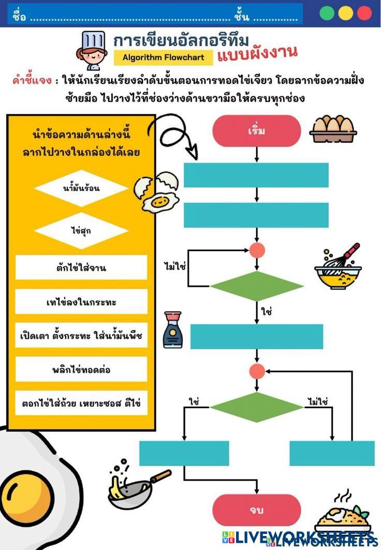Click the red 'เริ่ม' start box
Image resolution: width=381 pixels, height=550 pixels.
[x=256, y=130]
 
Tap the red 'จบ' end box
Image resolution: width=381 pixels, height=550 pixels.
[x=256, y=510]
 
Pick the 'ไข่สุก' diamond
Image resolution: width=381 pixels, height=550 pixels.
[x=81, y=231]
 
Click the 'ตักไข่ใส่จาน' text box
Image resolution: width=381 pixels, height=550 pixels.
[x=81, y=268]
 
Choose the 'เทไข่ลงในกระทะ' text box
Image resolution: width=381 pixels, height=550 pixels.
[x=81, y=302]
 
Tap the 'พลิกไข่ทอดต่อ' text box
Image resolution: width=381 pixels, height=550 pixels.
[x=81, y=370]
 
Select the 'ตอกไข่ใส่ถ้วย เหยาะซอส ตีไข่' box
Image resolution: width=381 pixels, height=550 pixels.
[x=81, y=402]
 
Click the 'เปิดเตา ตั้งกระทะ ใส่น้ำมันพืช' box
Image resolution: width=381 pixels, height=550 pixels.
[x=81, y=336]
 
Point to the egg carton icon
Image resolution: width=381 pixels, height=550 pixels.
[x=334, y=129]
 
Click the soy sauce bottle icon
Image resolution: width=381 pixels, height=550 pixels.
[x=172, y=330]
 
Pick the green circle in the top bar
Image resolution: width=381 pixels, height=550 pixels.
[x=327, y=13]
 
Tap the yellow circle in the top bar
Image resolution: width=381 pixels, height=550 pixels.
[x=346, y=13]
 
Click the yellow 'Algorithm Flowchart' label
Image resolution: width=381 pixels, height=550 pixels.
[x=163, y=57]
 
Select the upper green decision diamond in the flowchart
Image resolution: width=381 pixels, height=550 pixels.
[x=257, y=286]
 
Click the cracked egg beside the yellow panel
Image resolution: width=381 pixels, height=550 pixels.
[x=157, y=192]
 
